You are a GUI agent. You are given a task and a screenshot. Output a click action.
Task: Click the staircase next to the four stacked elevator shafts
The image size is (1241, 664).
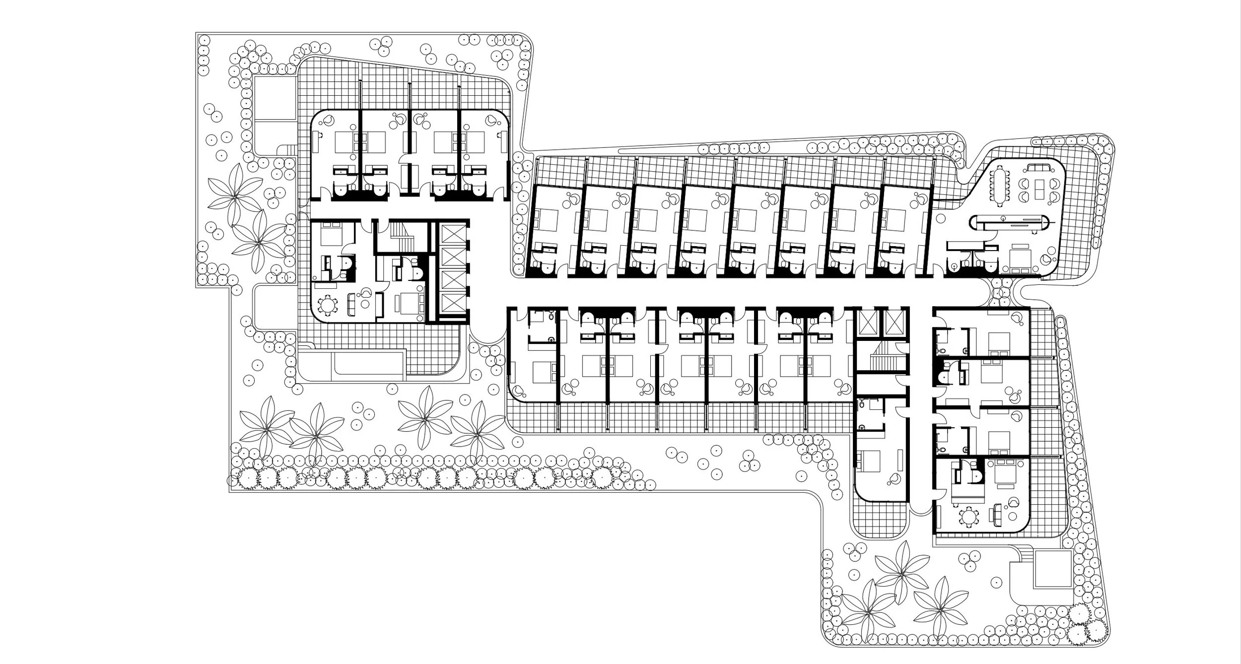click(x=399, y=236)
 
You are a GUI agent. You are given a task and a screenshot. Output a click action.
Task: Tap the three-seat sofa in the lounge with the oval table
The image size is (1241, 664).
click(x=1039, y=168)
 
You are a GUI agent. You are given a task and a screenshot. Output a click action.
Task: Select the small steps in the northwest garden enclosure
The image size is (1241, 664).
click(x=289, y=149)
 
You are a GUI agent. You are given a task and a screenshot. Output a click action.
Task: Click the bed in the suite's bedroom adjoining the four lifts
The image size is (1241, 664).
click(x=410, y=302)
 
